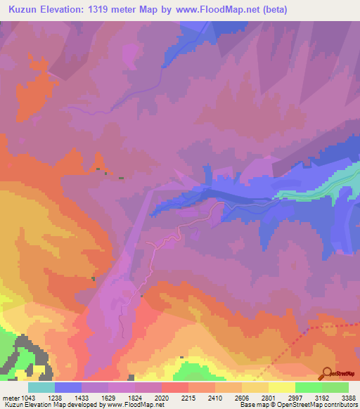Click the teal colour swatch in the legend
click(x=41, y=387)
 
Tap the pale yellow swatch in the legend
click(x=281, y=387)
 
